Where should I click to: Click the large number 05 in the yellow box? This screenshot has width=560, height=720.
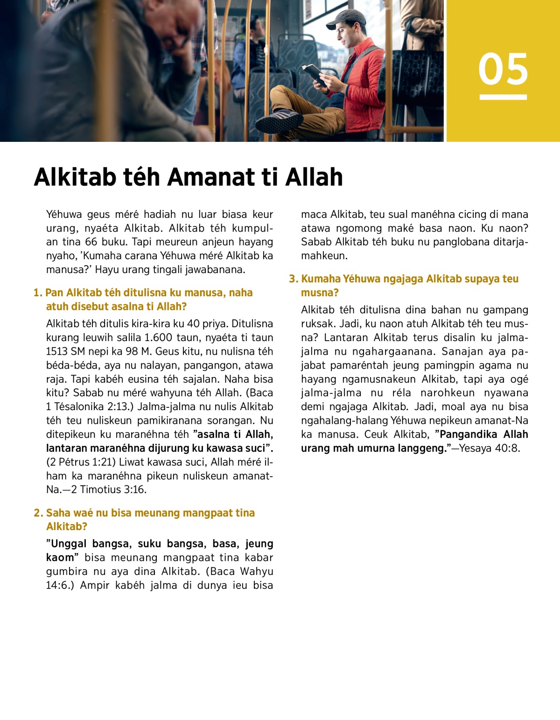(503, 69)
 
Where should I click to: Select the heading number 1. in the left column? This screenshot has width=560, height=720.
(38, 293)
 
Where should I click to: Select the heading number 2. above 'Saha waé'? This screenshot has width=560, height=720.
(38, 513)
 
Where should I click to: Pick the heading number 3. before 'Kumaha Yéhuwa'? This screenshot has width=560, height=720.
(294, 279)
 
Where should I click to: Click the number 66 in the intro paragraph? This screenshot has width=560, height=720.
(91, 242)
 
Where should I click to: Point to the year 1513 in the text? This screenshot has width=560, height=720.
(57, 351)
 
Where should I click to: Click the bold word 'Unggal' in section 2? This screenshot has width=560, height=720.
(68, 544)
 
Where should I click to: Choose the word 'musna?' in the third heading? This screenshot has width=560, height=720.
(320, 293)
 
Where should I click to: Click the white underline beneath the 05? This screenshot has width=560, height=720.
(503, 97)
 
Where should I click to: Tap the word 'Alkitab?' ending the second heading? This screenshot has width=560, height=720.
(67, 527)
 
